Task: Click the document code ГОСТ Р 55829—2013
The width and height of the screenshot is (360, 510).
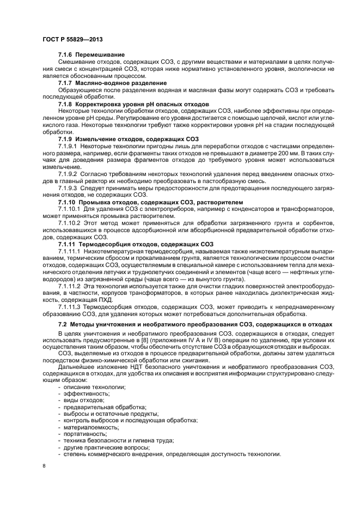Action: [72, 40]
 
